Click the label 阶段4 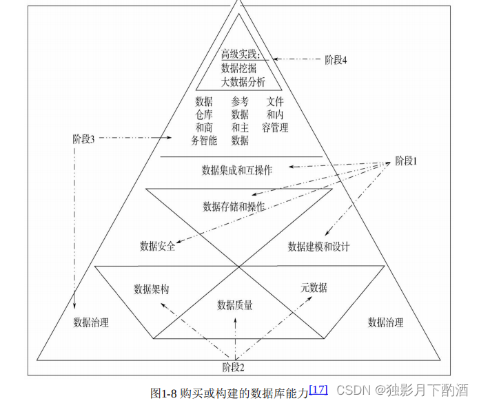coord(336,59)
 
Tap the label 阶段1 coord(406,161)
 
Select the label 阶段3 coord(83,138)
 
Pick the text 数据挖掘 coord(238,68)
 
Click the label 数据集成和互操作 coord(236,169)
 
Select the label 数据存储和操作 coord(234,206)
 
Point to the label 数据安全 coord(157,246)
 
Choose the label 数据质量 coord(235,304)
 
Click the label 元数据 coord(314,287)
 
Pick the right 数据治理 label coord(385,322)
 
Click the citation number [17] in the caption coord(318,389)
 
